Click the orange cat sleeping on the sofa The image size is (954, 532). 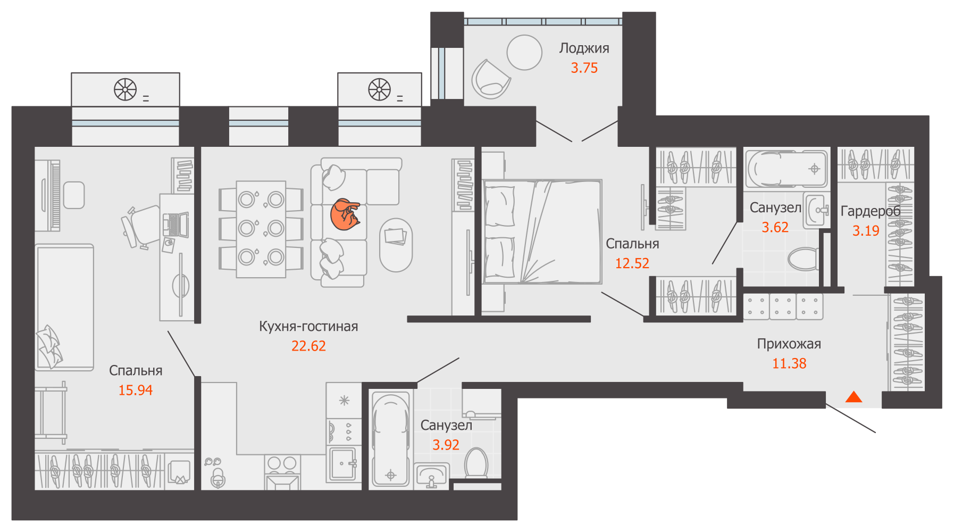345,214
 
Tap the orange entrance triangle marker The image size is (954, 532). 853,397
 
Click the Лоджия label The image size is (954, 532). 584,48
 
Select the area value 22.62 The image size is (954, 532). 308,346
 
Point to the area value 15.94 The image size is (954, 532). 135,390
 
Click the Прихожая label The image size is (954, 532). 789,344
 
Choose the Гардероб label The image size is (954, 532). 871,211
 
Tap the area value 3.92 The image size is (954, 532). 446,445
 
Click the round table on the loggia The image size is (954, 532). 524,52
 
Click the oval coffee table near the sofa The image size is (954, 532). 396,245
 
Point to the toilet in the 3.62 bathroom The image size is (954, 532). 803,259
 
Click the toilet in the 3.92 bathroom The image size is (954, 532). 476,464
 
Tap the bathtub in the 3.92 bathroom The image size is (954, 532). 391,439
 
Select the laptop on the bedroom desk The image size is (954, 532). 175,225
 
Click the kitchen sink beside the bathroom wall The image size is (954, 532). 343,464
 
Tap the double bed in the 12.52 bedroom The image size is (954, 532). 542,231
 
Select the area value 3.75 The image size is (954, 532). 584,68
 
